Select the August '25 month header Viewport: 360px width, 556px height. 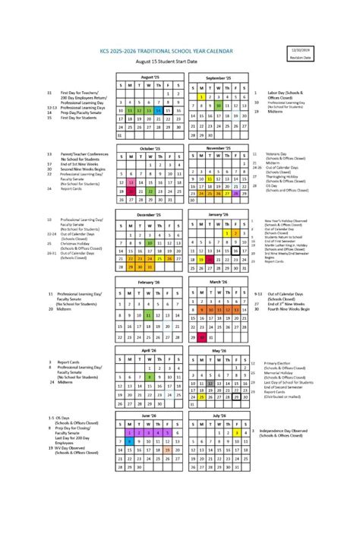tap(149, 77)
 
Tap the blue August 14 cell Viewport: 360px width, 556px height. tap(159, 110)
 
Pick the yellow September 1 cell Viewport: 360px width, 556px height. tap(201, 96)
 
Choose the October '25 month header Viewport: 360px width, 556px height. tap(149, 148)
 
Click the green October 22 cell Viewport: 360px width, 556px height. tap(150, 191)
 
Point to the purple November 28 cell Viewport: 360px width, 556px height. tap(236, 194)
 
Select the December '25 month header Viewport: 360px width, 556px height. tap(149, 215)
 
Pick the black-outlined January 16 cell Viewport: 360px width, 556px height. tap(236, 250)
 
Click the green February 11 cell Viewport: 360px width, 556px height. tap(150, 314)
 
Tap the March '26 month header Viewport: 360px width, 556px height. tap(218, 282)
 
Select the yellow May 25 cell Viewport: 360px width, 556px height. tap(201, 396)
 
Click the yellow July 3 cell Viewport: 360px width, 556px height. tap(236, 433)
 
